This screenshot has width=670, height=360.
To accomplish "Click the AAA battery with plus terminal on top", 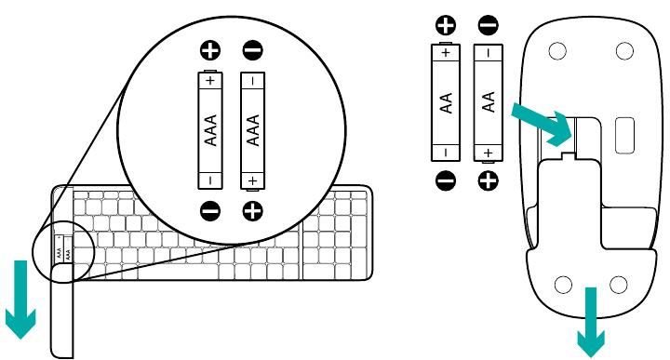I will [210, 130].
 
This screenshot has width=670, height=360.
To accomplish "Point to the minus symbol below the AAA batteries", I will [210, 211].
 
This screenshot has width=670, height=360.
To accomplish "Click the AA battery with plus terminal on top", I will [446, 102].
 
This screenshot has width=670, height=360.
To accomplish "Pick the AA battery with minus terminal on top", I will [488, 102].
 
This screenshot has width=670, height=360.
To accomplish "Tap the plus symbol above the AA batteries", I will [446, 24].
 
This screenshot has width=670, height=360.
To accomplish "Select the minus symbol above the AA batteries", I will [488, 24].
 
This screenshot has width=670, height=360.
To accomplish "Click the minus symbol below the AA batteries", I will [446, 180].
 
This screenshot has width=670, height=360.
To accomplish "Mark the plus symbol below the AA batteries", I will [488, 180].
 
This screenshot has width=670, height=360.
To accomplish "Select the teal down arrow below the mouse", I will [588, 321].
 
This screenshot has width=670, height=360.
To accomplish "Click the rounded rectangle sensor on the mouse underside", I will [623, 135].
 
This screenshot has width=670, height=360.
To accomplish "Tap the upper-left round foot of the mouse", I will [557, 52].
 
